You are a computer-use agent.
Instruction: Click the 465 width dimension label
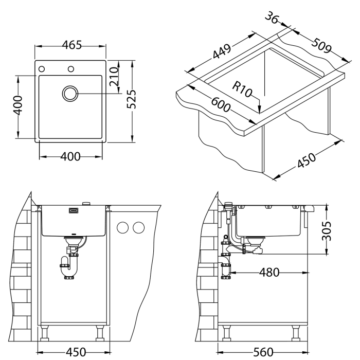pyautogui.click(x=71, y=45)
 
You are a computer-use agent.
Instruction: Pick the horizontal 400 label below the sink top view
pyautogui.click(x=70, y=157)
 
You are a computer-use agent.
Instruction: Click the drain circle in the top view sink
pyautogui.click(x=70, y=94)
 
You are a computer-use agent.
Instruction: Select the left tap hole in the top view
pyautogui.click(x=42, y=69)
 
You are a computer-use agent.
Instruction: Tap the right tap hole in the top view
pyautogui.click(x=71, y=69)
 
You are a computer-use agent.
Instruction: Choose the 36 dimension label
pyautogui.click(x=274, y=19)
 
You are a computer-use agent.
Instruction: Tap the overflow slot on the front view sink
pyautogui.click(x=74, y=210)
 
